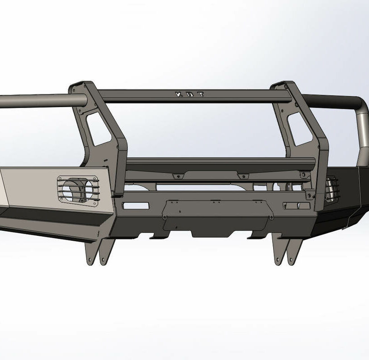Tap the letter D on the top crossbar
click(x=190, y=94)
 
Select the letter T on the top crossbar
click(x=201, y=94)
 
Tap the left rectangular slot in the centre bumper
click(x=136, y=206)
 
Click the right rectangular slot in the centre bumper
click(x=297, y=206)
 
